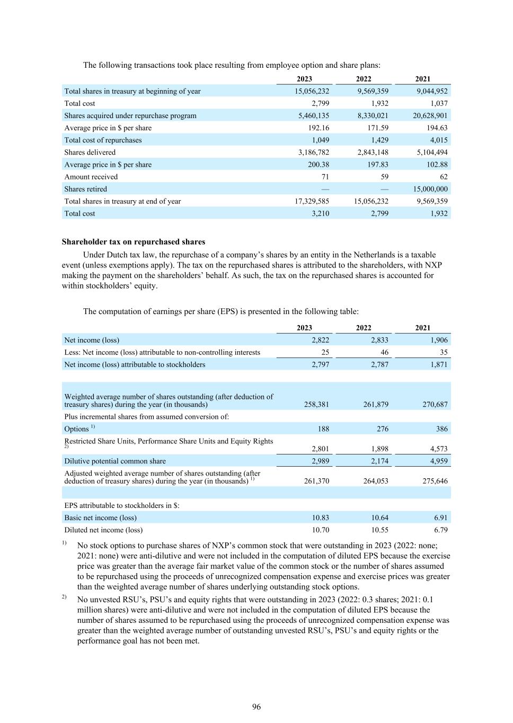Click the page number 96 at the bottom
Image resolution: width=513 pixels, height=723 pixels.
tap(256, 707)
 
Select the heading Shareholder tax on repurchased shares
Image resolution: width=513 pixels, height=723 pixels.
tap(134, 242)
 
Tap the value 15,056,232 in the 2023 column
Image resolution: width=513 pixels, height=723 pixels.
tap(312, 91)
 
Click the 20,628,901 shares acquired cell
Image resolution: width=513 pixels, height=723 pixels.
tap(430, 115)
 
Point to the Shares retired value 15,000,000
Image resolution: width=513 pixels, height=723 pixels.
tap(430, 189)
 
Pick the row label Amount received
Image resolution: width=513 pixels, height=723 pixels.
tap(91, 177)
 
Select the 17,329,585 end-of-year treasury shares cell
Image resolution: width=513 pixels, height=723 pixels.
tap(312, 201)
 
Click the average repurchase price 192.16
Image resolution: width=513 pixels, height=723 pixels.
tap(319, 128)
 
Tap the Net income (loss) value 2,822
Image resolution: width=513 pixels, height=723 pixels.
tap(320, 340)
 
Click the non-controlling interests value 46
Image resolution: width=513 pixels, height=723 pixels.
tap(384, 352)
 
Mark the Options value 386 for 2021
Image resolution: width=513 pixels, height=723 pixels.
tap(441, 429)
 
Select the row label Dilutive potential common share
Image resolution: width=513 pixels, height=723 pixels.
tap(115, 461)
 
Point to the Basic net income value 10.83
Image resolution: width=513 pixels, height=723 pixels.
tap(321, 518)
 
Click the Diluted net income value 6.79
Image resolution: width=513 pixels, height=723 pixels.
tap(440, 530)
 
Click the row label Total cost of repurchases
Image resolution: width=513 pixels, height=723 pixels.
tap(103, 140)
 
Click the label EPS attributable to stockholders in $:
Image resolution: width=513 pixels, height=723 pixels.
tap(122, 506)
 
